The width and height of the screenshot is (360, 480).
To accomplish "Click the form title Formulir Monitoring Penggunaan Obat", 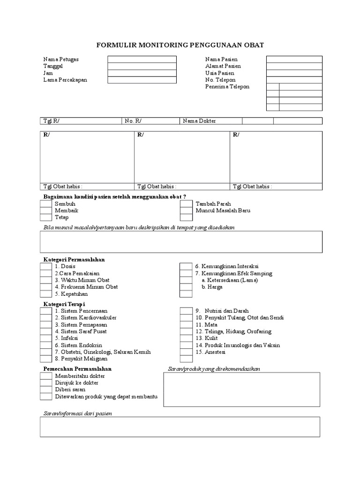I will click(x=180, y=45).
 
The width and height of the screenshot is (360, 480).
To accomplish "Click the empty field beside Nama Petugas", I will click(x=142, y=60).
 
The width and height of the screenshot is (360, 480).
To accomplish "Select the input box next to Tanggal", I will click(x=142, y=67).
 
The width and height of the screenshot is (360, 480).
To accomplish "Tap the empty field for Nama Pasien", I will click(x=294, y=60).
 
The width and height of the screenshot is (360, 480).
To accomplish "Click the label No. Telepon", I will click(x=220, y=80).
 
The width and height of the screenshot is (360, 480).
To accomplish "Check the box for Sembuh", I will click(x=45, y=204).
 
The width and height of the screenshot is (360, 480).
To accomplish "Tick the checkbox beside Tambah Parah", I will click(x=186, y=204).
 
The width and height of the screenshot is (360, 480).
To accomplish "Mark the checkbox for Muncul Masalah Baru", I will click(x=186, y=211).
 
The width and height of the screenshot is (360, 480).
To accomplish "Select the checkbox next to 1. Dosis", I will click(x=45, y=266).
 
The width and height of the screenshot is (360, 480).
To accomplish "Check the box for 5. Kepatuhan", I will click(x=45, y=294).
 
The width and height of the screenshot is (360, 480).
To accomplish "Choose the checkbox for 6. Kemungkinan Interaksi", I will click(x=186, y=266).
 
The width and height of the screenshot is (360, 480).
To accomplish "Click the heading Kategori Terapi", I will click(x=60, y=304).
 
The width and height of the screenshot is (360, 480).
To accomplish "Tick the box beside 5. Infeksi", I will click(x=45, y=338).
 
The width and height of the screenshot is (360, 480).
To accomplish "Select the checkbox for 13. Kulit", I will click(x=186, y=338).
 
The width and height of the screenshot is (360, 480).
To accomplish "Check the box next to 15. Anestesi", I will click(x=186, y=352).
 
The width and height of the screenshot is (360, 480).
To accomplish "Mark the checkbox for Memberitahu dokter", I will click(x=45, y=376).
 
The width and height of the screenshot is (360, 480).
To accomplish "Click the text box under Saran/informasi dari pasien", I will click(x=180, y=427).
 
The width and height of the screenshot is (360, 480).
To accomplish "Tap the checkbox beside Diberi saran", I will click(x=45, y=390).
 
